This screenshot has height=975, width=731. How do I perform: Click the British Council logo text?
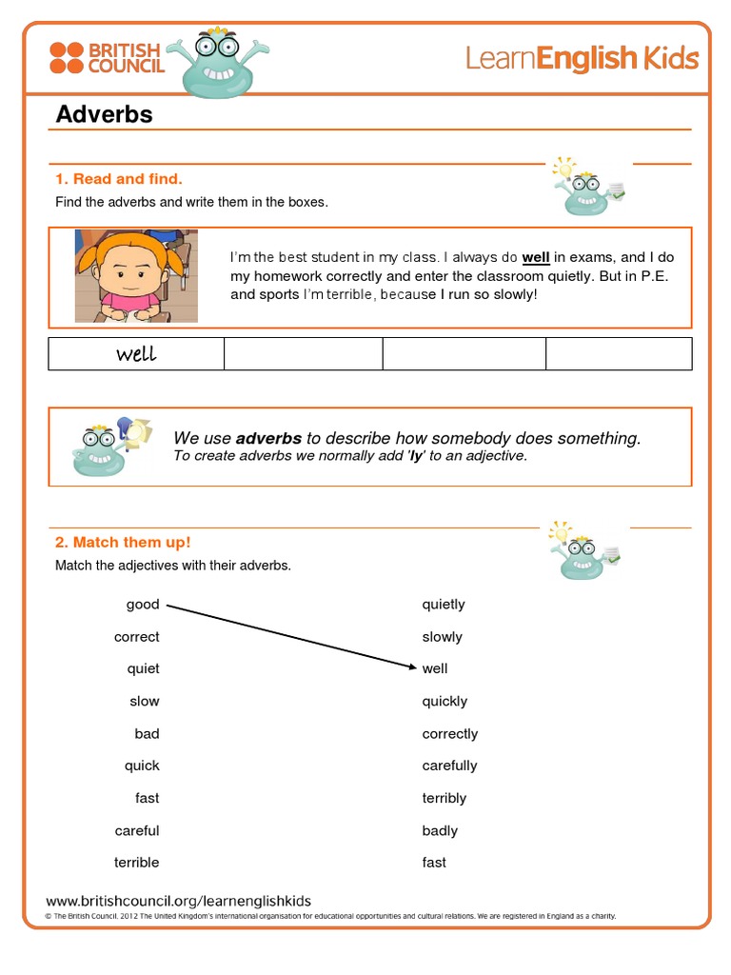(x=126, y=57)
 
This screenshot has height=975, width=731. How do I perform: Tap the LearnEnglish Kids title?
(x=582, y=59)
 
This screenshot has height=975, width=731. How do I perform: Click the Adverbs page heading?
(x=104, y=114)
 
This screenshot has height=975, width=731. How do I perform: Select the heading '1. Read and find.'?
(x=118, y=178)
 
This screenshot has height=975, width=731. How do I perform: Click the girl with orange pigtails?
(x=135, y=274)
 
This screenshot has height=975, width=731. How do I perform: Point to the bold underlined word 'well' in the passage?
(x=536, y=257)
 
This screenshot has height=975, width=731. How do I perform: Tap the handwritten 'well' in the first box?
(x=136, y=354)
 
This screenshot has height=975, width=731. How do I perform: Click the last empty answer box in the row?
(x=619, y=353)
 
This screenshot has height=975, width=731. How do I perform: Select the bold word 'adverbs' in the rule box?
(x=268, y=438)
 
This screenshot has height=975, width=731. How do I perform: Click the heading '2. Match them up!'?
(x=123, y=542)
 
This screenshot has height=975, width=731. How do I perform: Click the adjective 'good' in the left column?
(x=143, y=605)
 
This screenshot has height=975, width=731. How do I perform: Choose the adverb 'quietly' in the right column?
(x=444, y=605)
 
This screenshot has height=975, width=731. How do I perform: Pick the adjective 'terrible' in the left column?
(x=137, y=863)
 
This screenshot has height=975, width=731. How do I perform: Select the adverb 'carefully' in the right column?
(x=449, y=766)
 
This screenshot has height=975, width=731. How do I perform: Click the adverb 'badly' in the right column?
(x=440, y=830)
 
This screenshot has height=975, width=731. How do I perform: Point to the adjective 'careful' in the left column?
(x=137, y=830)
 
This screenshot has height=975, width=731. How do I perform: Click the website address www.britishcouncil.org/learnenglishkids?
(x=179, y=901)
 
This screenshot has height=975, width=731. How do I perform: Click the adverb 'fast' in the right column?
(x=434, y=863)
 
